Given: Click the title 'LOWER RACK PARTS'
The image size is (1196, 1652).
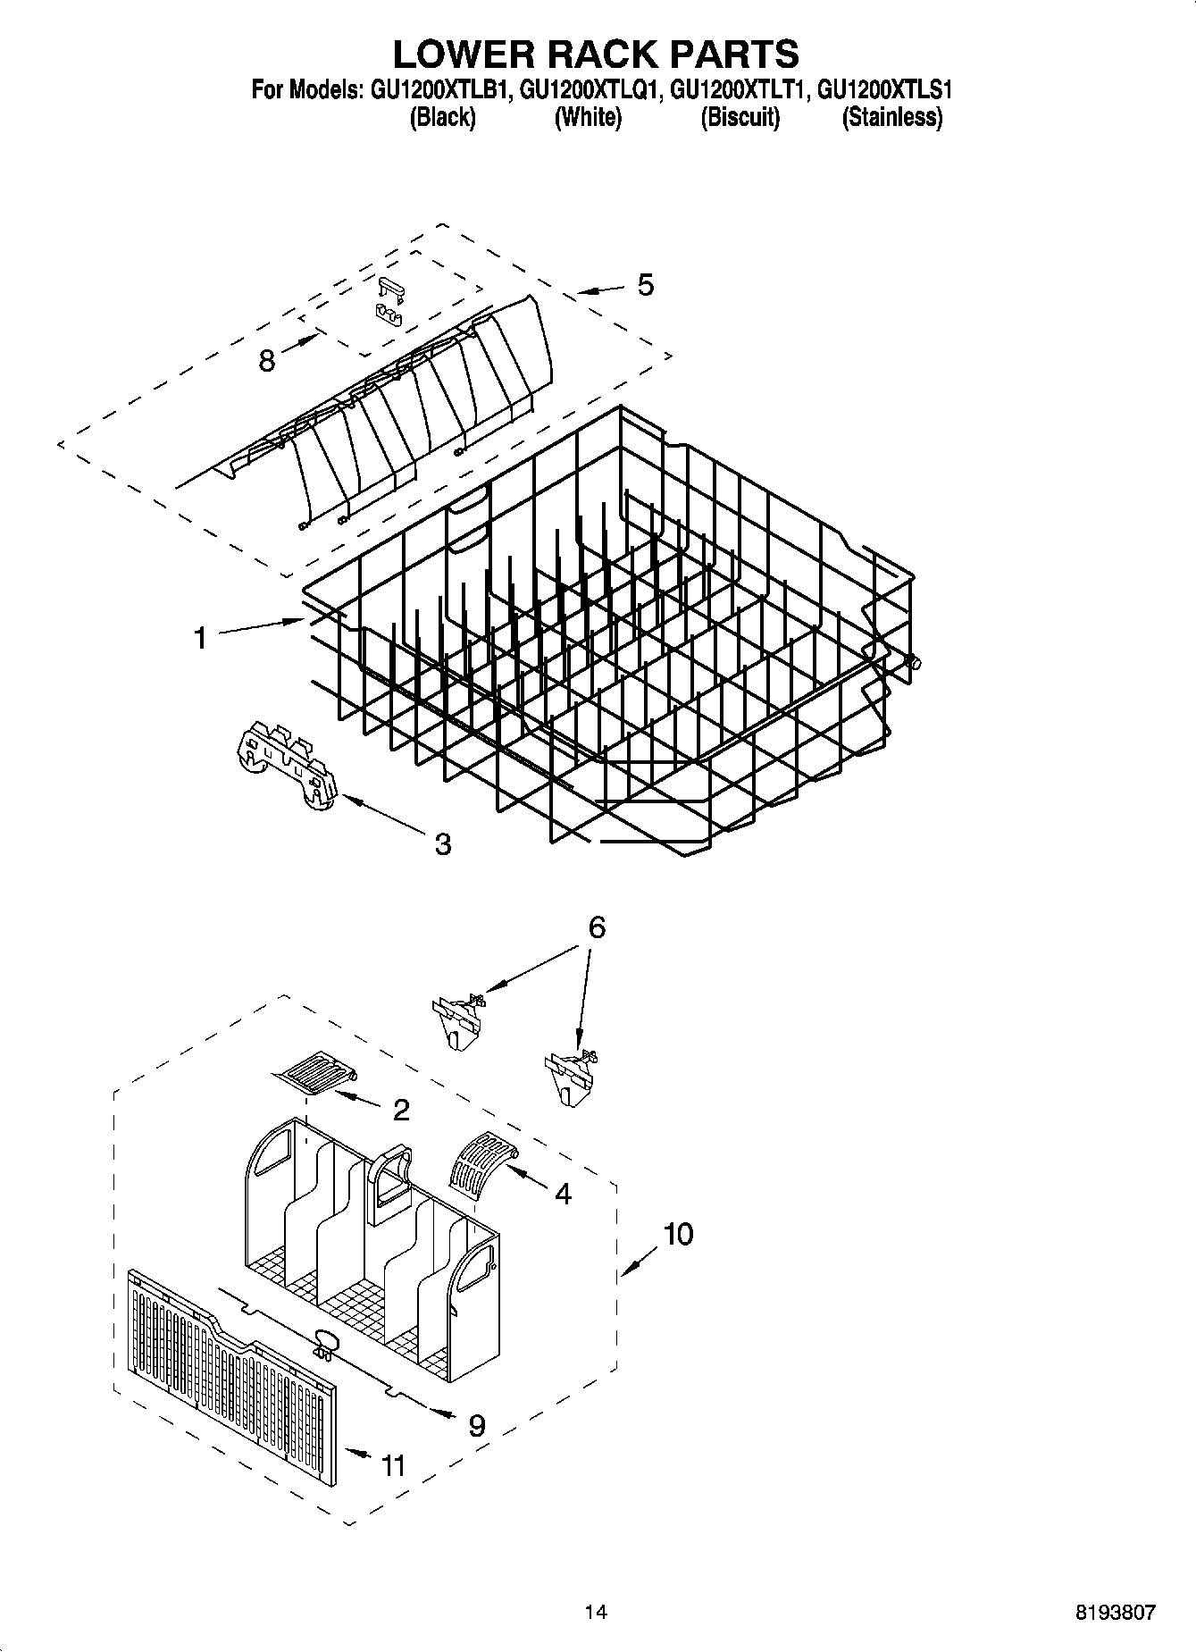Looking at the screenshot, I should (596, 55).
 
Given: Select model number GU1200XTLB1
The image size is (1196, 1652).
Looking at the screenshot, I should (436, 90).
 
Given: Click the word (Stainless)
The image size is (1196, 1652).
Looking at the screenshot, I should (891, 117).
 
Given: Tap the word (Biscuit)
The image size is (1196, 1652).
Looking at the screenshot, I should (740, 117).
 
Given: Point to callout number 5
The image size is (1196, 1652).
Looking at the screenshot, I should (645, 285).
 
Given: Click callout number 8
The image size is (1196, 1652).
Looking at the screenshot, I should (266, 361).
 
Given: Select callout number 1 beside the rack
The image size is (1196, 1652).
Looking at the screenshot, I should (201, 638).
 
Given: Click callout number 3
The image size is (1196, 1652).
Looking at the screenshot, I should (443, 843).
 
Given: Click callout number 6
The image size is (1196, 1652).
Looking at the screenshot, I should (596, 927).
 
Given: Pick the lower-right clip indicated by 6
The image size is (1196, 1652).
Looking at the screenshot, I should (569, 1076).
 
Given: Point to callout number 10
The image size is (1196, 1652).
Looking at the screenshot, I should (678, 1235).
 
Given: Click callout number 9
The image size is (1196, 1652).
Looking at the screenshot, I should (477, 1425).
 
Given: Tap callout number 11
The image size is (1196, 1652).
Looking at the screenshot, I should (393, 1465).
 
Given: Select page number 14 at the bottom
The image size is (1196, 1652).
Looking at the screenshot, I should (596, 1612).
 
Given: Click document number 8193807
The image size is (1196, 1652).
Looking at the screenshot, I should (1116, 1612).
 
